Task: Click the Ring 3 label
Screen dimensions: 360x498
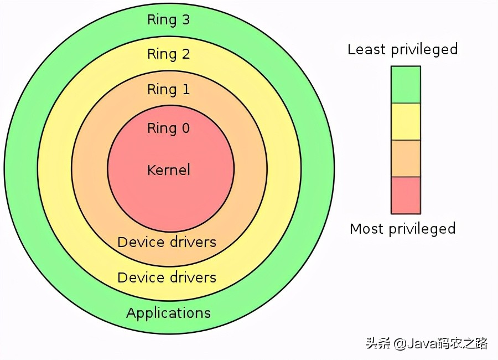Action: (x=168, y=20)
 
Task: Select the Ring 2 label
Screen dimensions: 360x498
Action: (x=168, y=54)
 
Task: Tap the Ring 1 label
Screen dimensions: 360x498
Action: (x=168, y=90)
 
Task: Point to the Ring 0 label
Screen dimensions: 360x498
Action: (x=168, y=128)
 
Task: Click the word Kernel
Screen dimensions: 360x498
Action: (x=168, y=169)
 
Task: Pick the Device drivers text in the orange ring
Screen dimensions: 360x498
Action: (x=167, y=242)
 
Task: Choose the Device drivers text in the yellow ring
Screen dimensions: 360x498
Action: (x=167, y=277)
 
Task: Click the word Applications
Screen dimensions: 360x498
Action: (x=168, y=313)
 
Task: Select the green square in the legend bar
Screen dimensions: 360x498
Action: (x=406, y=85)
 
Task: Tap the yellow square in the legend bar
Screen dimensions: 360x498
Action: (x=406, y=121)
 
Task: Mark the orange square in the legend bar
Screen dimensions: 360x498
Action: (x=406, y=158)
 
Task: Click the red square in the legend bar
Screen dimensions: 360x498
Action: (x=406, y=195)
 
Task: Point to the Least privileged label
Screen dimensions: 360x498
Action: (x=402, y=50)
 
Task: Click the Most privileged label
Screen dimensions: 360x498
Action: (x=402, y=229)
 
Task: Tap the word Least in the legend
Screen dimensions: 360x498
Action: (x=366, y=49)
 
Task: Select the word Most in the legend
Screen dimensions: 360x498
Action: (x=367, y=228)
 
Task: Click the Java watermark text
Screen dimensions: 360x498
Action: (x=427, y=343)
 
